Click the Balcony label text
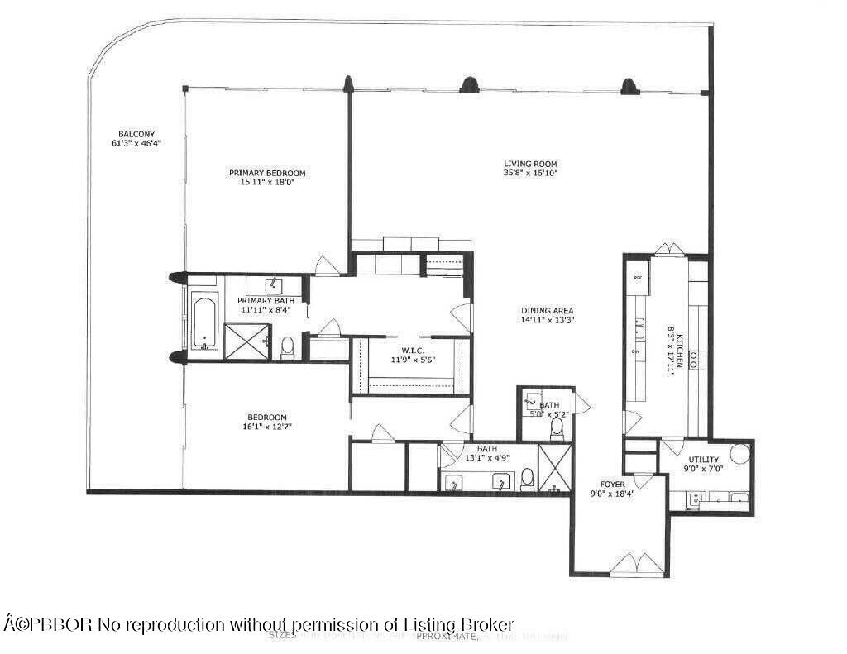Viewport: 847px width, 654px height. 136,134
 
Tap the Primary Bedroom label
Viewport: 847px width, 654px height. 267,173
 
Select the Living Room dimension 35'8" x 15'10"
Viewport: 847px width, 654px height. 531,174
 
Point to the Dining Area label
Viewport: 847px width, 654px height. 547,310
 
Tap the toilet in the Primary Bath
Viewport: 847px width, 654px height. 288,348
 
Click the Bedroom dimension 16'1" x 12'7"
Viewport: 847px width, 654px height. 267,427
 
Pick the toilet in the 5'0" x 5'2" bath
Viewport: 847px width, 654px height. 556,427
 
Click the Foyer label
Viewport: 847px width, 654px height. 613,484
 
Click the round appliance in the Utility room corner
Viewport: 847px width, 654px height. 739,454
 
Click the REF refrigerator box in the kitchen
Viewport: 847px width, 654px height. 638,279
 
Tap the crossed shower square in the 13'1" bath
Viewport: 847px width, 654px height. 554,469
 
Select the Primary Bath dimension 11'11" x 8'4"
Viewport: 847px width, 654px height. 266,309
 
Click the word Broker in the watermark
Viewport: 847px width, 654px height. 487,624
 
